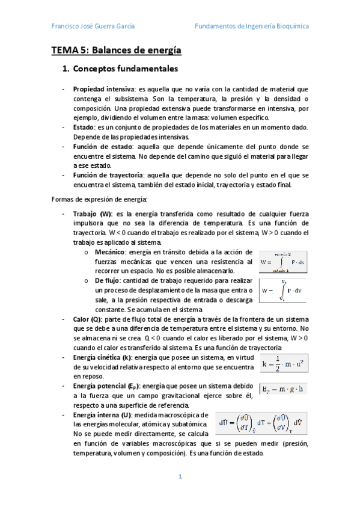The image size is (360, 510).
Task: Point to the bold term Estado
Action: [x=84, y=127]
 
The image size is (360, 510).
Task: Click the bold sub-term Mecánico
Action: [x=109, y=253]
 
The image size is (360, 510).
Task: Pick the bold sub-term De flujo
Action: [x=108, y=281]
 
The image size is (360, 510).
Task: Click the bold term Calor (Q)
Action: [x=87, y=319]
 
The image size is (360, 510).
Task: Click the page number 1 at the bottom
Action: [x=180, y=477]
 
